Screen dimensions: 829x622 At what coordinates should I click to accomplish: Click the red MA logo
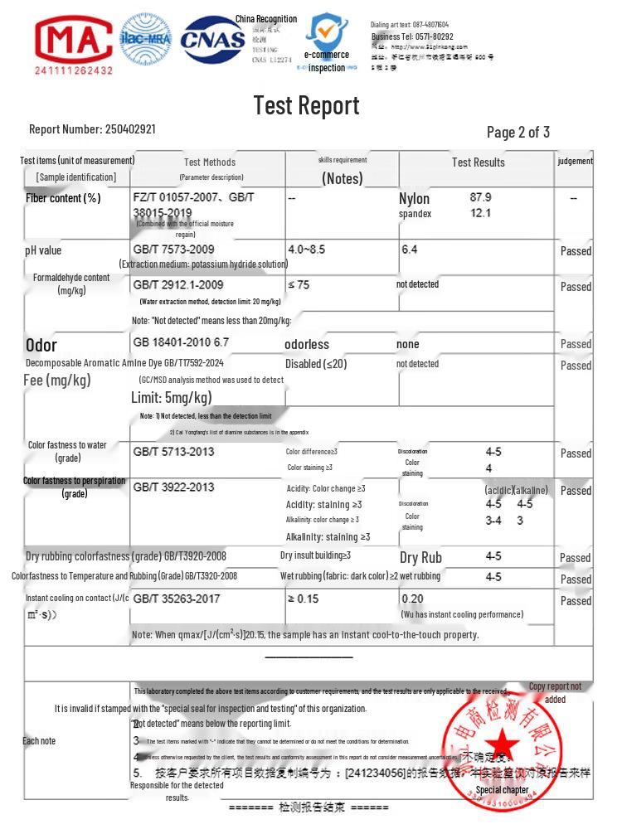tap(73, 40)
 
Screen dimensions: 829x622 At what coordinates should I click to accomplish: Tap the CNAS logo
tap(213, 40)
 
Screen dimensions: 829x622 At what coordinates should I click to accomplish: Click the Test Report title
tap(306, 105)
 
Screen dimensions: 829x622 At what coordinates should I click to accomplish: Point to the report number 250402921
tap(129, 129)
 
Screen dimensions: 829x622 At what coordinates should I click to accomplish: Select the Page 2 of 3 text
tap(518, 132)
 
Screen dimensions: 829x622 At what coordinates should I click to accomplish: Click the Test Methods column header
tap(209, 162)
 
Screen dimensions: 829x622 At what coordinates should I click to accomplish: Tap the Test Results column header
tap(478, 162)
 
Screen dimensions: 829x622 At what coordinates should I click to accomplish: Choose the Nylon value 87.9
tap(480, 197)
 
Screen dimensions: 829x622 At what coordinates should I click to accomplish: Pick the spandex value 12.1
tap(480, 213)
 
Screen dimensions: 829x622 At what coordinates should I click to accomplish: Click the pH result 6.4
tap(409, 250)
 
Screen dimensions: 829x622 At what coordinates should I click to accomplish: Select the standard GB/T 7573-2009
tap(173, 250)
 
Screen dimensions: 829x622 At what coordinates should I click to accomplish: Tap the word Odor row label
tap(41, 345)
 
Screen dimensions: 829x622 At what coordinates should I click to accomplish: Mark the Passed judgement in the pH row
tap(576, 251)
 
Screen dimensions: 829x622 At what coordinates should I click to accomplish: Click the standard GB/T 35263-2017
tap(176, 599)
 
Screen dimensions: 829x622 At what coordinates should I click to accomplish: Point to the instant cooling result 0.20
tap(412, 599)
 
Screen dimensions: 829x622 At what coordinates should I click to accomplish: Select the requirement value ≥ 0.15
tap(303, 599)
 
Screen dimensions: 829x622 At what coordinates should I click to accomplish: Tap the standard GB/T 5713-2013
tap(173, 452)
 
